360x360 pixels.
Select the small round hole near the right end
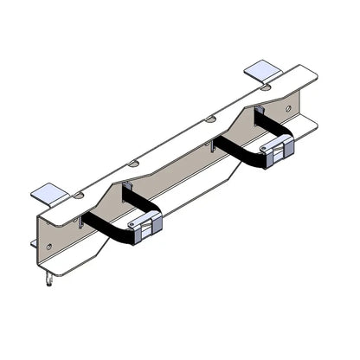(288, 108)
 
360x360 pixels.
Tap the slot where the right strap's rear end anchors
(257, 112)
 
